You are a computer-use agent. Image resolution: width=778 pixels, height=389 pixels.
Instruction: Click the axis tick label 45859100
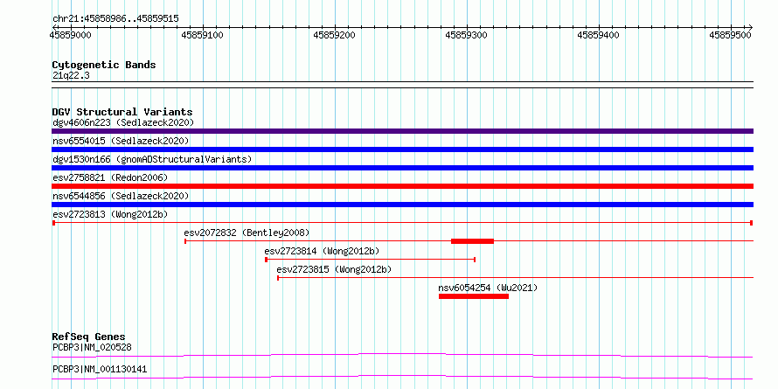203,35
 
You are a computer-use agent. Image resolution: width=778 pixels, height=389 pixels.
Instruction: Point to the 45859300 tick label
467,35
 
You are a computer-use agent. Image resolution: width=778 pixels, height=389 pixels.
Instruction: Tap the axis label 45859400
599,35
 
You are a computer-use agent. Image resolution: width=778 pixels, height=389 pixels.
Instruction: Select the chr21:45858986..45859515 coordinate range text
115,19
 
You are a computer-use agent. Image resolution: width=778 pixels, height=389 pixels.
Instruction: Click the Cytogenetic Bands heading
104,65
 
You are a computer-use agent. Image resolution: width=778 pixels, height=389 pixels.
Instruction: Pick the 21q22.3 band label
71,76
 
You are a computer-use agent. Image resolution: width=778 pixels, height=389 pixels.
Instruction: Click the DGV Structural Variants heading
122,112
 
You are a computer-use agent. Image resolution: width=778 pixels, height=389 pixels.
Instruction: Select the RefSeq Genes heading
88,337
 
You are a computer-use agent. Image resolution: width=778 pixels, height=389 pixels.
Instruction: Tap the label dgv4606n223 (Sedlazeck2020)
123,122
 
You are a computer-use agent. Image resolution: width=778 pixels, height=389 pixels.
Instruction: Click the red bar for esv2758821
402,186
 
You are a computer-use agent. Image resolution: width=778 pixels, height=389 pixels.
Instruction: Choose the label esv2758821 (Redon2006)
110,177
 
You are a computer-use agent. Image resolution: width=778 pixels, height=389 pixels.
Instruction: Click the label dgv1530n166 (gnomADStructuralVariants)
152,159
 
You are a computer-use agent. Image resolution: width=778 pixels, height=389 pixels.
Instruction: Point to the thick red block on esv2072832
472,241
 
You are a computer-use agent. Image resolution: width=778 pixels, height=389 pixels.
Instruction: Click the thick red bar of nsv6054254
474,296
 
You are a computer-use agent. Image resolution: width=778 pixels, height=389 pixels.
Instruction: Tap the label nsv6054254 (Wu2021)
488,288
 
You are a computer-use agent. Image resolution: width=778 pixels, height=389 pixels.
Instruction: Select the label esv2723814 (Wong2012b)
322,251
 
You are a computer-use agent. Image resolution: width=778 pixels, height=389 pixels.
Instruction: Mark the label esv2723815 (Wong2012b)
334,269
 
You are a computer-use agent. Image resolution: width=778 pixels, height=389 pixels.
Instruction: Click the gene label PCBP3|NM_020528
92,347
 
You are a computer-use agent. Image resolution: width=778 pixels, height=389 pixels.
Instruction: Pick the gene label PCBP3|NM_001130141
100,369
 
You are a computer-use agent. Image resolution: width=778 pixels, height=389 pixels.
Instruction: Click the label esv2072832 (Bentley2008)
247,233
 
